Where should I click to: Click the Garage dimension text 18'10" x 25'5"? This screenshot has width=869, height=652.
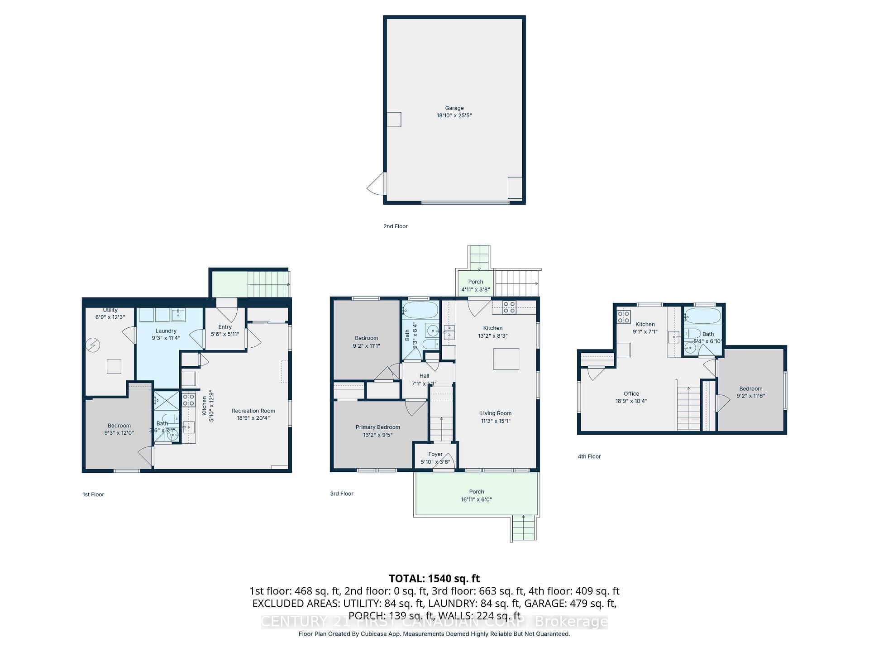(454, 115)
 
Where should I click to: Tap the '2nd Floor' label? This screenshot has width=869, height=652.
(395, 226)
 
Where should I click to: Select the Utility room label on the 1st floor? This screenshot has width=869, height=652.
(110, 311)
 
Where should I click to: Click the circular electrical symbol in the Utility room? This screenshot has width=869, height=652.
(93, 345)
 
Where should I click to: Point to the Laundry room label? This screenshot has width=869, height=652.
(166, 331)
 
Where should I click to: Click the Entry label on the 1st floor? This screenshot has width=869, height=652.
(225, 327)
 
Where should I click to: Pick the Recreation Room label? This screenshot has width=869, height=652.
(253, 411)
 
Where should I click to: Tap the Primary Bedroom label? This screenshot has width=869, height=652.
(377, 427)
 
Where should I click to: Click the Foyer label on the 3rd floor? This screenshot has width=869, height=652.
(435, 454)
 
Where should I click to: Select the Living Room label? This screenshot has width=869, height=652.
(496, 413)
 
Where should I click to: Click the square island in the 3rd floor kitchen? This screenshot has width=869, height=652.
(506, 359)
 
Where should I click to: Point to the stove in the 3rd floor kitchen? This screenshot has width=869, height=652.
(509, 307)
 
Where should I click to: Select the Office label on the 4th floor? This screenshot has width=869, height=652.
(631, 394)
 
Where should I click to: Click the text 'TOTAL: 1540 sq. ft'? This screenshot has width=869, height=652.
(434, 578)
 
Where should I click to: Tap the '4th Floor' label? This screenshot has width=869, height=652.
(589, 456)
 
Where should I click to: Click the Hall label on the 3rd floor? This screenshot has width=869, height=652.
(424, 376)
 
